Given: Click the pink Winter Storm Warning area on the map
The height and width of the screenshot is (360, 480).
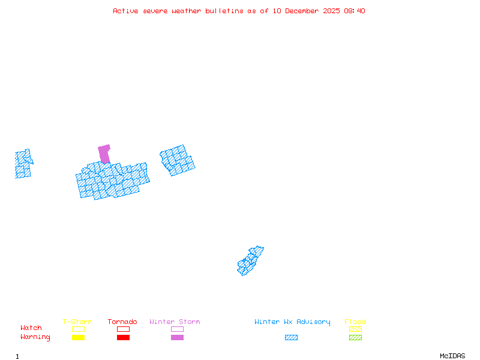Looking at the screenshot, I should tap(104, 153).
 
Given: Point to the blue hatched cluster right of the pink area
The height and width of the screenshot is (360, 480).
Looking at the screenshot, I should tap(177, 160).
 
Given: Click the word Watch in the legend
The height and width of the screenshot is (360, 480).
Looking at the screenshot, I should tap(31, 328).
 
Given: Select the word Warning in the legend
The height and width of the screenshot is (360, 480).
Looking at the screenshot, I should tap(35, 337).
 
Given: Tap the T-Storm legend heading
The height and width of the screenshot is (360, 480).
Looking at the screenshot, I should tap(77, 322).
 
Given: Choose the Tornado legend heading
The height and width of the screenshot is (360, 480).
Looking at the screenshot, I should tap(122, 322).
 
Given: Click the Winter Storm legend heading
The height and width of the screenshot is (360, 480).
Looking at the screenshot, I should tap(175, 322).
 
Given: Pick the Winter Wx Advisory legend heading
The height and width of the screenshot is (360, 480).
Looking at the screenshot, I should tap(292, 322).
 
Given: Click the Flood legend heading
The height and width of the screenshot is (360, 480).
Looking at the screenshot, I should tap(355, 322).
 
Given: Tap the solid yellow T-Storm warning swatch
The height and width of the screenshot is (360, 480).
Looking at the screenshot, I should tap(78, 338).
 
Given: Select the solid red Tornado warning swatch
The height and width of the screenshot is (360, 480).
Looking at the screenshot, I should tap(123, 338).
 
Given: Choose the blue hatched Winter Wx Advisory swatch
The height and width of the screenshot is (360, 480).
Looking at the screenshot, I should tap(291, 338).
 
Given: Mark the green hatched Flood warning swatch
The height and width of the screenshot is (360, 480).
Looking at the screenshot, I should tap(355, 338).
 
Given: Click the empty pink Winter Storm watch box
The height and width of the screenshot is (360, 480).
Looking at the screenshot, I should tap(177, 329).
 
